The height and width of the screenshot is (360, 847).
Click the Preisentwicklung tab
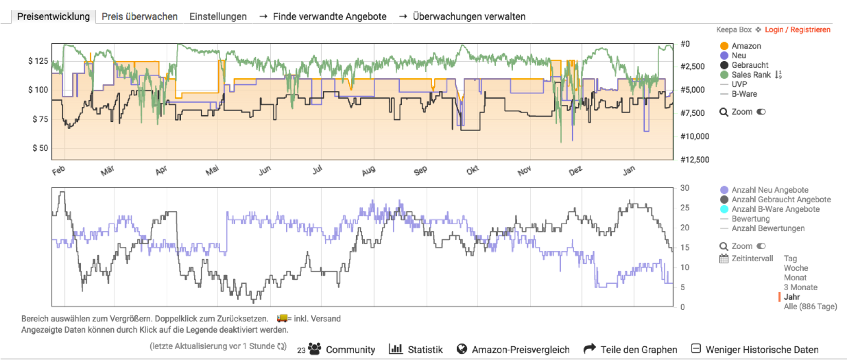pos(53,16)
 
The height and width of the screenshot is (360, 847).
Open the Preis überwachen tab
pos(139,16)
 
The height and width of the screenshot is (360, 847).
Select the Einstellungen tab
pos(218,16)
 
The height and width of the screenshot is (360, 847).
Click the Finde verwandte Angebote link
pos(329,16)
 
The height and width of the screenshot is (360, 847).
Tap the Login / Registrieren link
pos(797,30)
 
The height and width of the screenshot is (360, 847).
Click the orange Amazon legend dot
pos(724,46)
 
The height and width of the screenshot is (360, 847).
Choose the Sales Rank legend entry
pos(751,75)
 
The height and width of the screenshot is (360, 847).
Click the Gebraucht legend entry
pos(750,65)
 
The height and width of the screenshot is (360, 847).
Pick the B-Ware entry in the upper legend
pos(744,94)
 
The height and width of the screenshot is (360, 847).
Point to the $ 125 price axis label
pos(38,61)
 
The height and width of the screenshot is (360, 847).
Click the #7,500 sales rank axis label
pos(693,113)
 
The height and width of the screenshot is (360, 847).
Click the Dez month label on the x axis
pos(575,171)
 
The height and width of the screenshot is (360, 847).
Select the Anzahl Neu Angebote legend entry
pos(770,190)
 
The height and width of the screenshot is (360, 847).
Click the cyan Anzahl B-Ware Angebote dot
pos(724,209)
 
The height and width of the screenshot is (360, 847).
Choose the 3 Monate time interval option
pos(800,287)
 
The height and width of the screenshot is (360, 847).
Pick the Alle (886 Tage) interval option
pos(810,307)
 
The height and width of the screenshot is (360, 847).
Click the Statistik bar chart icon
pos(396,349)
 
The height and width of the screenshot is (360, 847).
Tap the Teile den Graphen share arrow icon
pos(590,349)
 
